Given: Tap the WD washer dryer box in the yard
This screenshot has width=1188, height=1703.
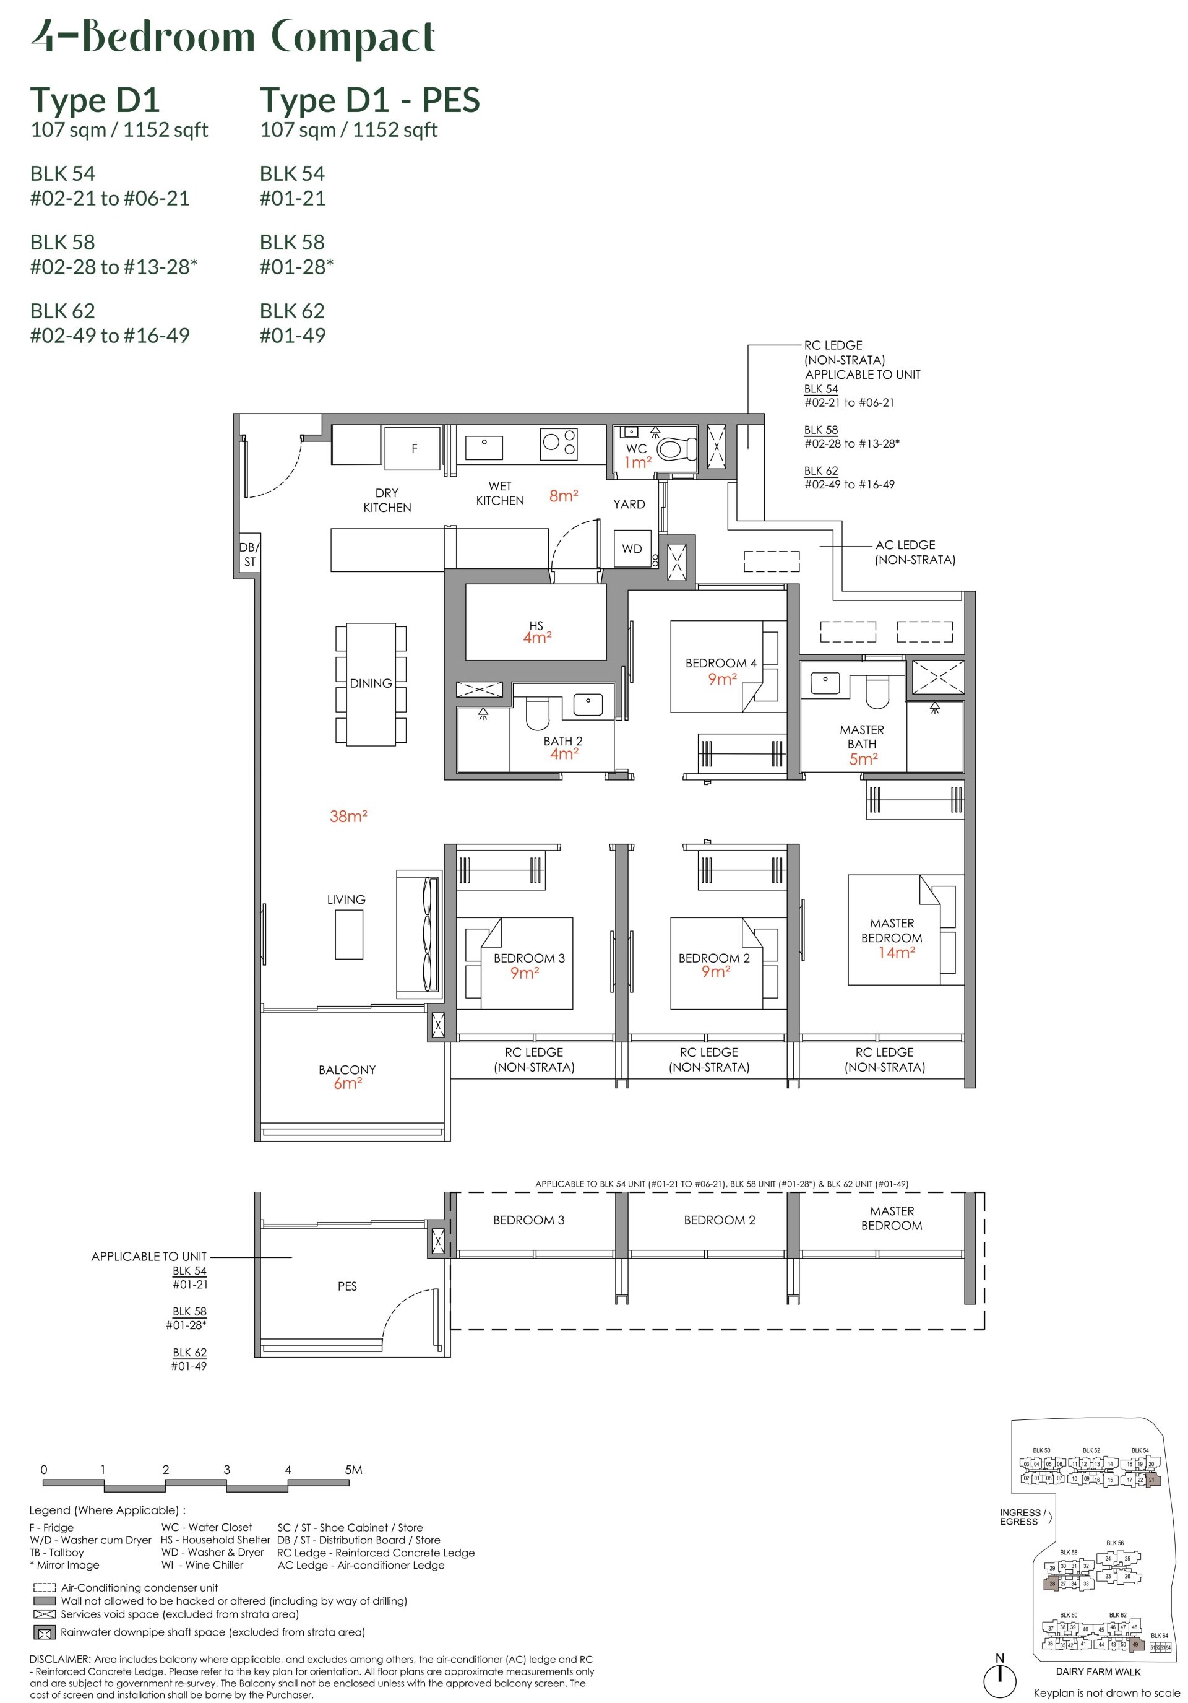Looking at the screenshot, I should (x=632, y=549).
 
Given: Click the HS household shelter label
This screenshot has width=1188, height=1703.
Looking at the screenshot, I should (x=536, y=625).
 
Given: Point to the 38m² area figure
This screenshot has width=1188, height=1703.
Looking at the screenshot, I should (x=348, y=817).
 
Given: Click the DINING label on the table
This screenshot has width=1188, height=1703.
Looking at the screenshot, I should (x=371, y=683).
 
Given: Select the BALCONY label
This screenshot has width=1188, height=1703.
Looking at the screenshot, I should (x=347, y=1070).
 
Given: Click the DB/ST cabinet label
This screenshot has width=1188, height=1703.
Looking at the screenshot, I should (x=249, y=554).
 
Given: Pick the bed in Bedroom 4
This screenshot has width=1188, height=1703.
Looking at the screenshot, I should (x=716, y=666).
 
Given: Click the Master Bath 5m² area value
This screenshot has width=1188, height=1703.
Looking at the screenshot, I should (x=863, y=760).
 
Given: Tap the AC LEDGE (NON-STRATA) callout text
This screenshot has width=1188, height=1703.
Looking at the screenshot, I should (x=915, y=552).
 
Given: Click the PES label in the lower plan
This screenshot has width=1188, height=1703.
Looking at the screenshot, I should (x=347, y=1286).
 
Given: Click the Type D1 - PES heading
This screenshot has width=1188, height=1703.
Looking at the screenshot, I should (x=369, y=100).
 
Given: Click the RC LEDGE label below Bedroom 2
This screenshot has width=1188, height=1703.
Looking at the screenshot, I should (x=708, y=1059).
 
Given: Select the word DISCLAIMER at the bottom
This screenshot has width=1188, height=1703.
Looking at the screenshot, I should (x=59, y=1659).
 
